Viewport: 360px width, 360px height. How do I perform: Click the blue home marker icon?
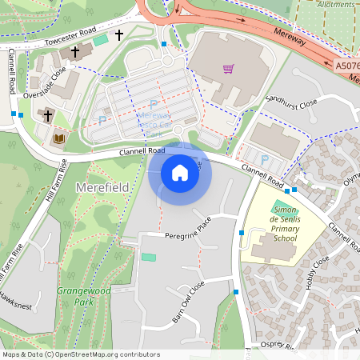180,172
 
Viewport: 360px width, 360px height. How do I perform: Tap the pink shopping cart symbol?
229,69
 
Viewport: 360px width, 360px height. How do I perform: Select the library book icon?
58,138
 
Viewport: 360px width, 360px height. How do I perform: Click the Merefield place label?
102,187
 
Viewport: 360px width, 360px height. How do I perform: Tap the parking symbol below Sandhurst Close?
265,160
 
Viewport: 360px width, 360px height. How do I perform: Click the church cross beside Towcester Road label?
119,35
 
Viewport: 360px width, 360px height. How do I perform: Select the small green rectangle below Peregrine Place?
149,257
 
